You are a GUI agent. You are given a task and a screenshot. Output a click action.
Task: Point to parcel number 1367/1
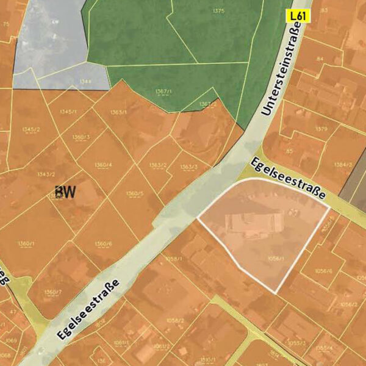click(163, 91)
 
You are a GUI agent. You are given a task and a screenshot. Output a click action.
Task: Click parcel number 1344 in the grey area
click(85, 81)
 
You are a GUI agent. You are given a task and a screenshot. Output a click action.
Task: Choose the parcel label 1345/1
click(69, 112)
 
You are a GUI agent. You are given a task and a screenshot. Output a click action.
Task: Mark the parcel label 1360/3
click(81, 137)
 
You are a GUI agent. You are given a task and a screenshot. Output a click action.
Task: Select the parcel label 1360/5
click(135, 194)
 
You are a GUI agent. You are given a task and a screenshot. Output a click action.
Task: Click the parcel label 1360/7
click(53, 292)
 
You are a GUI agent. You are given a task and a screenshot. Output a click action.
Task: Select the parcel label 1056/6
click(324, 270)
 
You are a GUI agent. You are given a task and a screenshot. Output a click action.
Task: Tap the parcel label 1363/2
click(158, 165)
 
